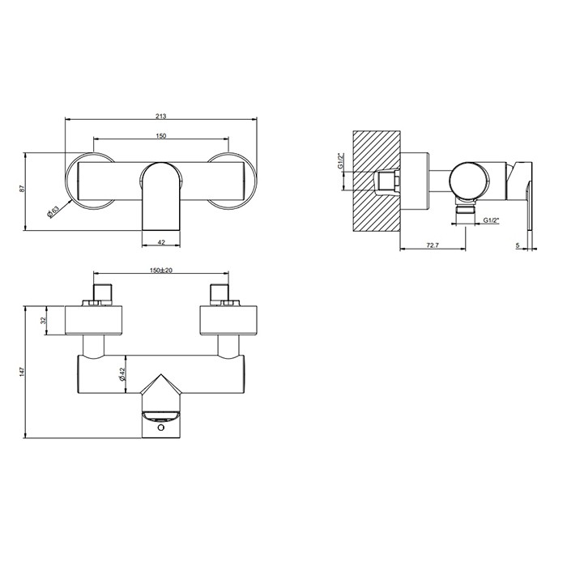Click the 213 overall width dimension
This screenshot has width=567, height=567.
[x=161, y=115]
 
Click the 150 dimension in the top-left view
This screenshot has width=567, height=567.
[x=161, y=136]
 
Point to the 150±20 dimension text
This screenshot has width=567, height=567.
[x=161, y=271]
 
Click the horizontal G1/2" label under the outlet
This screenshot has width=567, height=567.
[x=491, y=220]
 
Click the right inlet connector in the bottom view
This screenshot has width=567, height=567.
[x=220, y=293]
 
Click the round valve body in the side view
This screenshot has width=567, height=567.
[x=470, y=179]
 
